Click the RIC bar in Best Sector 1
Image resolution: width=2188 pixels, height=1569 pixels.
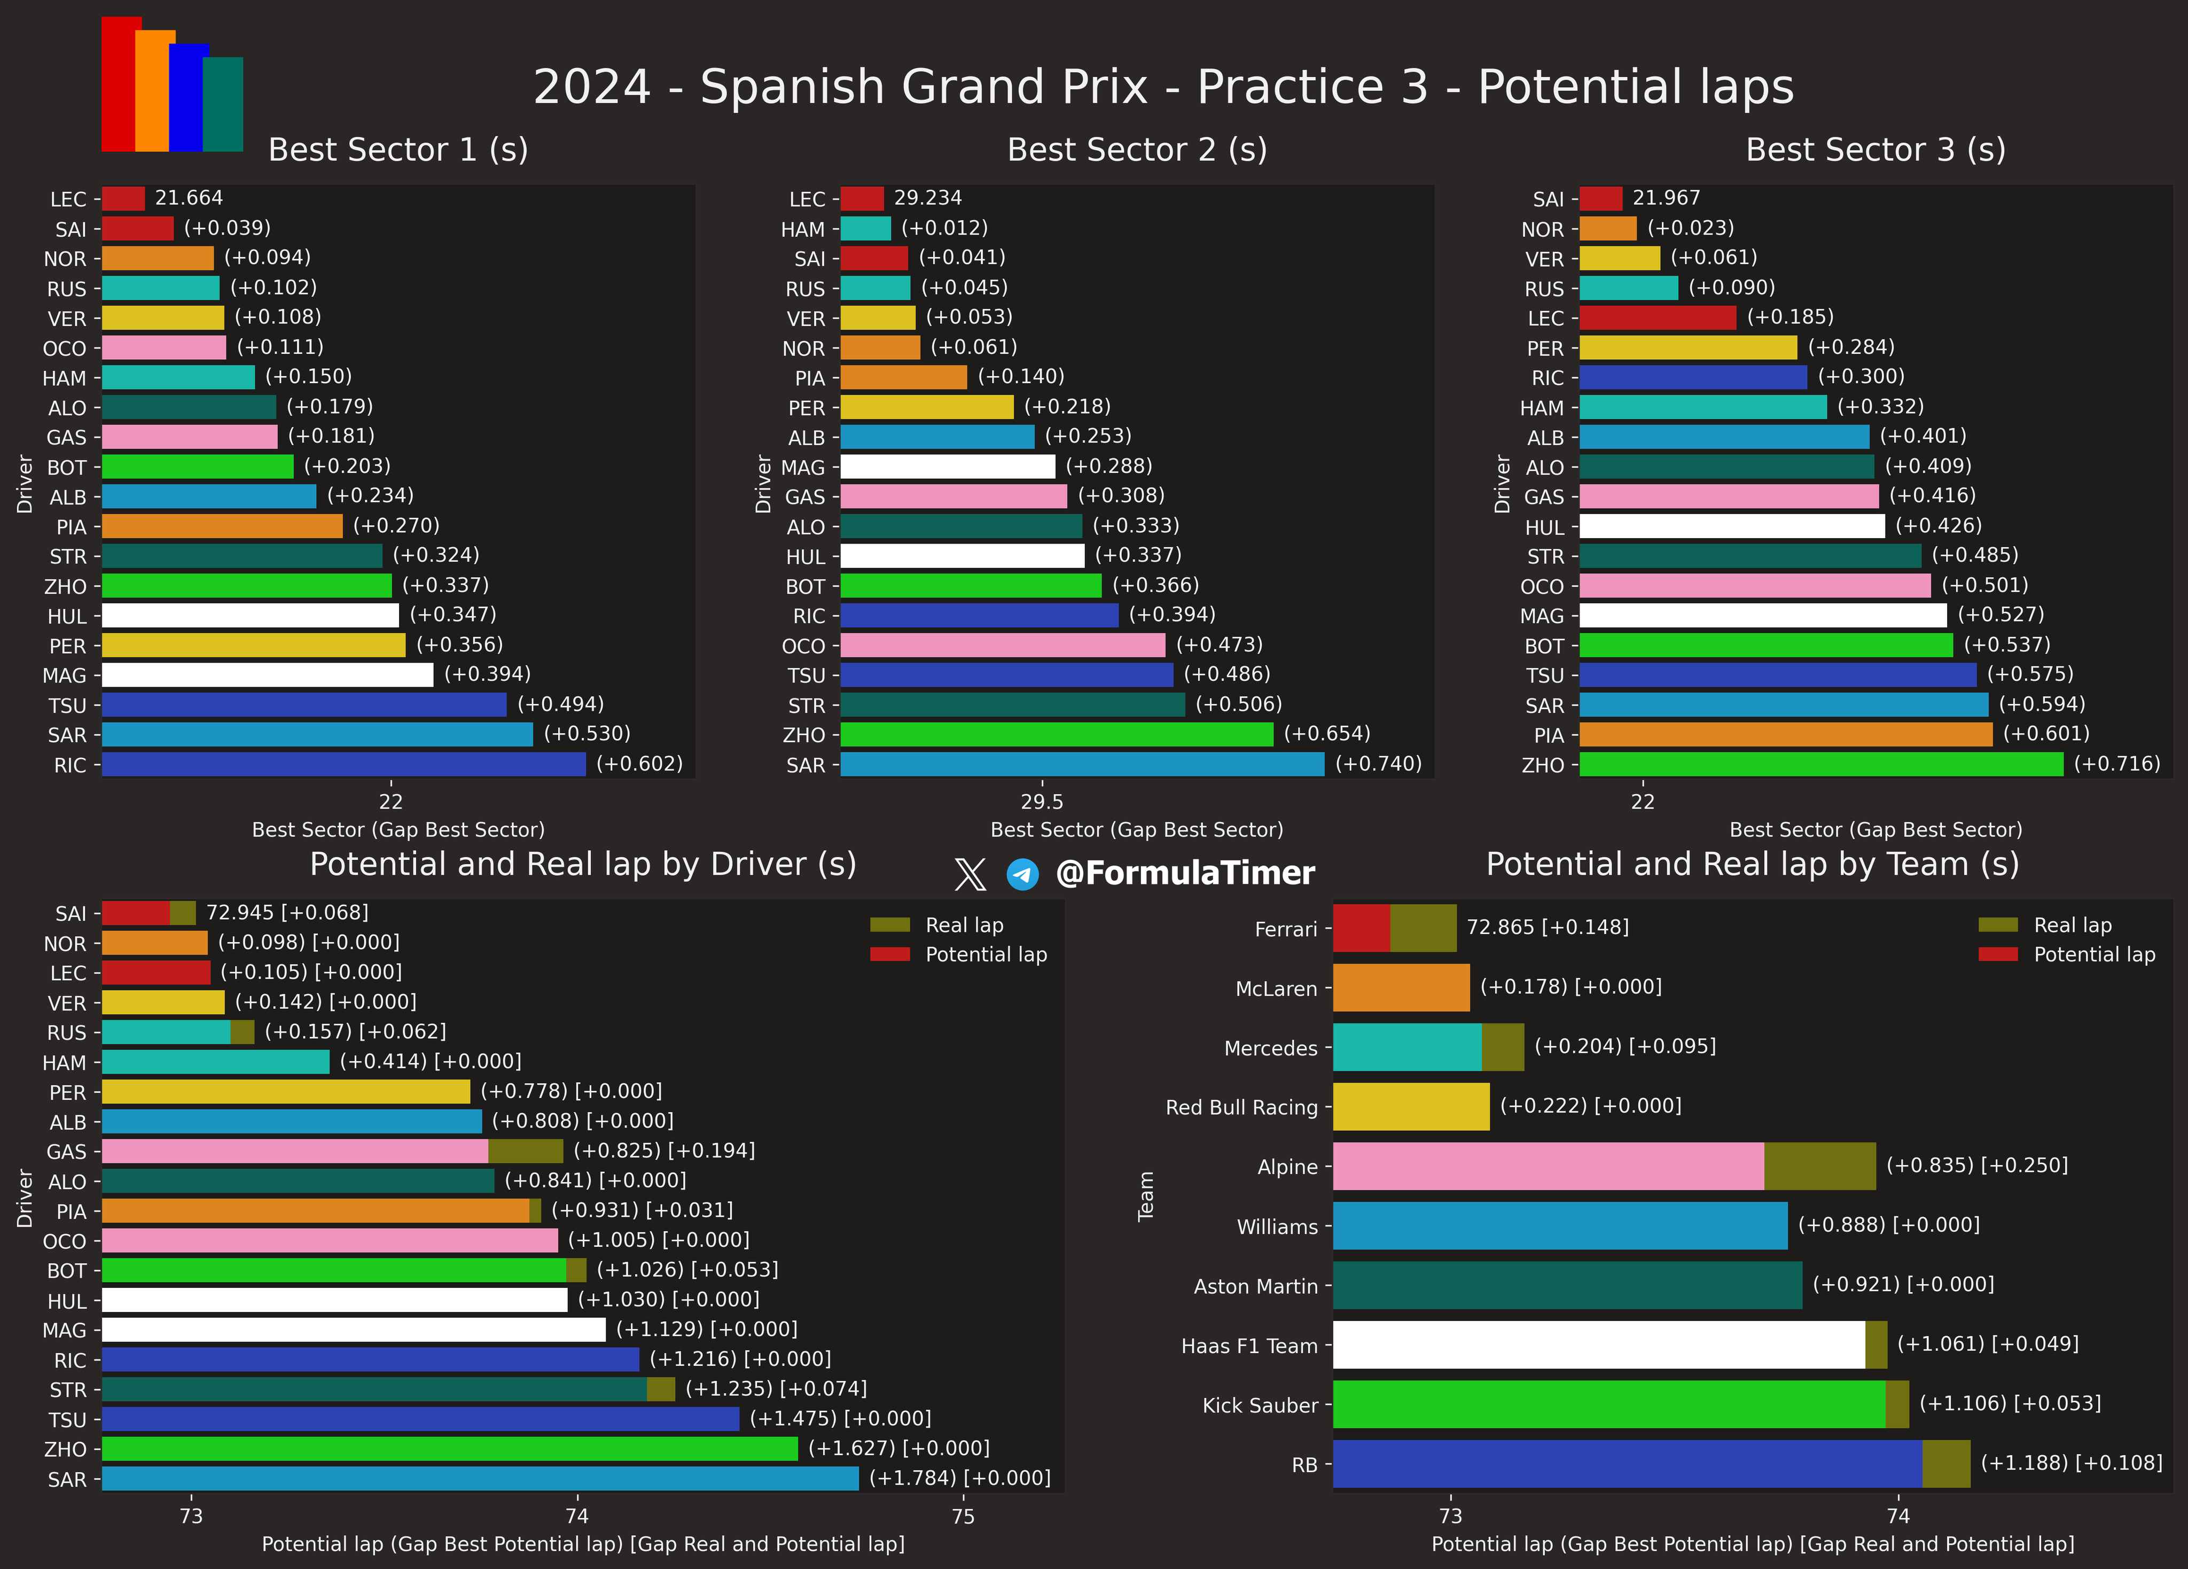(x=343, y=764)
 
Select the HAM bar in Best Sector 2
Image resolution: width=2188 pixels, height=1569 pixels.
(x=865, y=229)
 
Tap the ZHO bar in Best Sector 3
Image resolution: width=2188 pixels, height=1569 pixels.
(x=1820, y=764)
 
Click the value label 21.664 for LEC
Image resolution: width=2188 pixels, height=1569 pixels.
(x=189, y=198)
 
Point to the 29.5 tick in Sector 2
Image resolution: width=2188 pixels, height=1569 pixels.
(x=1042, y=801)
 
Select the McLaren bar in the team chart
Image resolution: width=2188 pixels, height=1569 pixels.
(x=1401, y=987)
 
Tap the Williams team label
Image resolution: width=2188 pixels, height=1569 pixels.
(x=1276, y=1226)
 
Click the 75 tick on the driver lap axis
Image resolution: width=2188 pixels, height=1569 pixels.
(x=963, y=1516)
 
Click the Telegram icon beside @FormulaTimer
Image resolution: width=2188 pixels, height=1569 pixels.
(x=1022, y=874)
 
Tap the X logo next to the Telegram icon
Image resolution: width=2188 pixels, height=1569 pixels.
(x=970, y=874)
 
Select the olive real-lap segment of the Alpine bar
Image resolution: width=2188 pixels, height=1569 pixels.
(x=1819, y=1166)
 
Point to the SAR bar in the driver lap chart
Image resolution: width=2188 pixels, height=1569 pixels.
(x=480, y=1478)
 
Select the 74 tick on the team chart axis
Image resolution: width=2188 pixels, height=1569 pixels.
(x=1897, y=1516)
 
